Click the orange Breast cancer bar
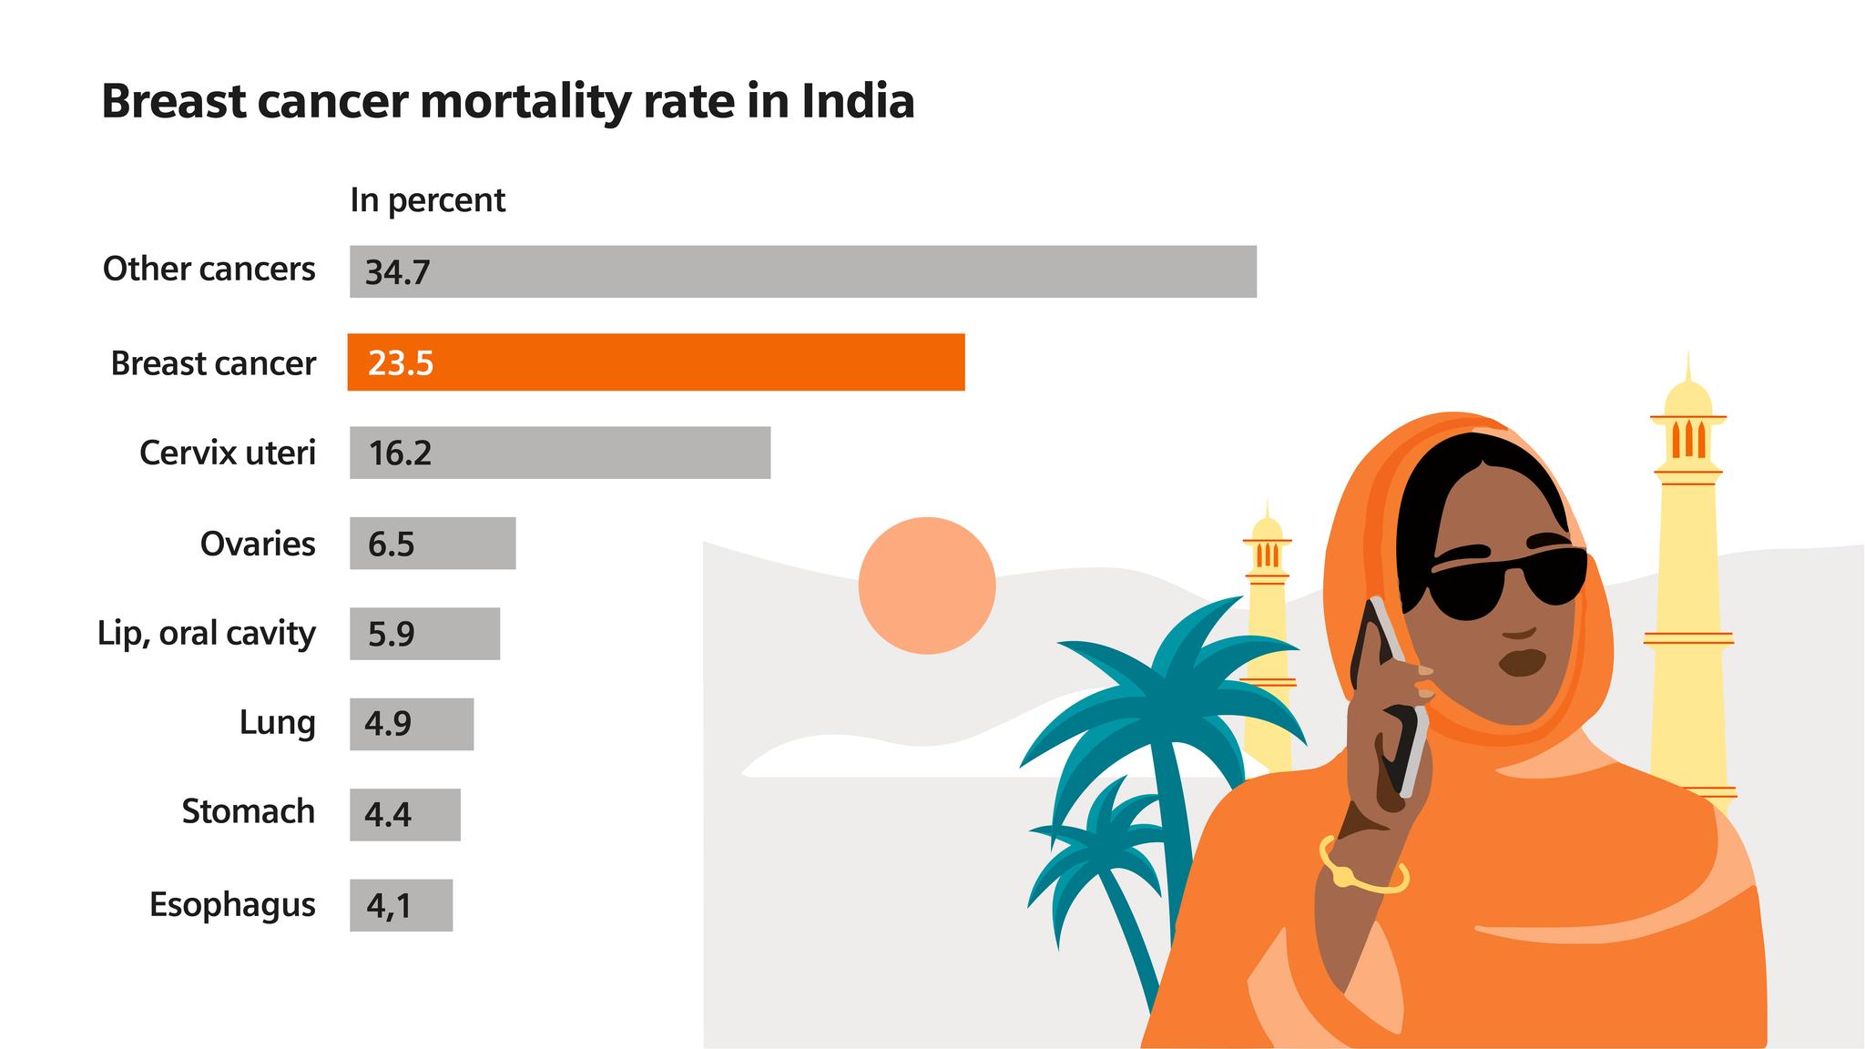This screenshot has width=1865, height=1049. tap(656, 362)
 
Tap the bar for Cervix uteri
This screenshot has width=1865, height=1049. tap(560, 453)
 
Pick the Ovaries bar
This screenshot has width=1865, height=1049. tap(433, 544)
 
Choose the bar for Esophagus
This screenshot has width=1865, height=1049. tap(401, 905)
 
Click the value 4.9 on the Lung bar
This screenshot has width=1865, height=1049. tap(388, 724)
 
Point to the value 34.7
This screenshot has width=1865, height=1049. tap(397, 272)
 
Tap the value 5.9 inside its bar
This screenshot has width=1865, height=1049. tap(392, 634)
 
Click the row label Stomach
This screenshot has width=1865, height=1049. tap(248, 811)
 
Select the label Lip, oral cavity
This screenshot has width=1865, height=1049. tap(207, 633)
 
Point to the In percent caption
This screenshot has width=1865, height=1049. tap(427, 200)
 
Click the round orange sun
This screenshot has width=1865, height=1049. tap(926, 586)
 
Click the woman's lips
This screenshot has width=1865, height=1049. tap(1522, 662)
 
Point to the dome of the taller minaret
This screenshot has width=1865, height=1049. tap(1687, 398)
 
